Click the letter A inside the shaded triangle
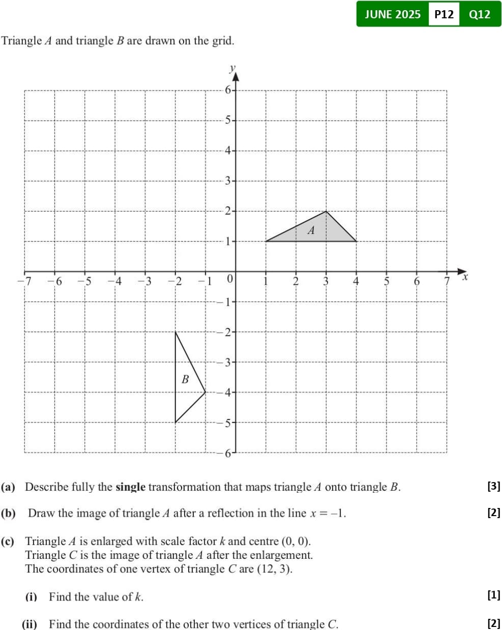[311, 230]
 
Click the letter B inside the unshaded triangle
[185, 379]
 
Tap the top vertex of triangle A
[326, 211]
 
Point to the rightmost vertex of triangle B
[205, 392]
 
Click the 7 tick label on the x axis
[447, 281]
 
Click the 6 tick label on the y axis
[228, 90]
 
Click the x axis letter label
[464, 277]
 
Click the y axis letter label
[232, 68]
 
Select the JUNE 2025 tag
[393, 14]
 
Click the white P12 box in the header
[444, 14]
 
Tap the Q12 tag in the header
[480, 14]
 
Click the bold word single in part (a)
[131, 487]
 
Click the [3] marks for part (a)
[493, 486]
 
